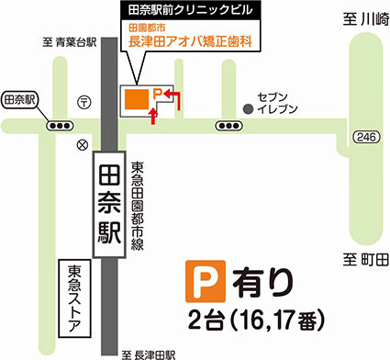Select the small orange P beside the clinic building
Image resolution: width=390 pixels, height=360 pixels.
click(x=157, y=93)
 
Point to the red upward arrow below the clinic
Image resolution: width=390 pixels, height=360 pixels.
click(x=153, y=115)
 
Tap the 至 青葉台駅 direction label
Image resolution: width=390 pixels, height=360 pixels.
click(x=69, y=39)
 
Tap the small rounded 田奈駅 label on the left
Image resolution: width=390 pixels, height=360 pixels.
click(x=19, y=98)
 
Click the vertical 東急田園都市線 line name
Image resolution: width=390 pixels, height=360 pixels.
click(x=137, y=208)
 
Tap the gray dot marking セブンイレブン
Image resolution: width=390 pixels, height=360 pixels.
click(x=247, y=109)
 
